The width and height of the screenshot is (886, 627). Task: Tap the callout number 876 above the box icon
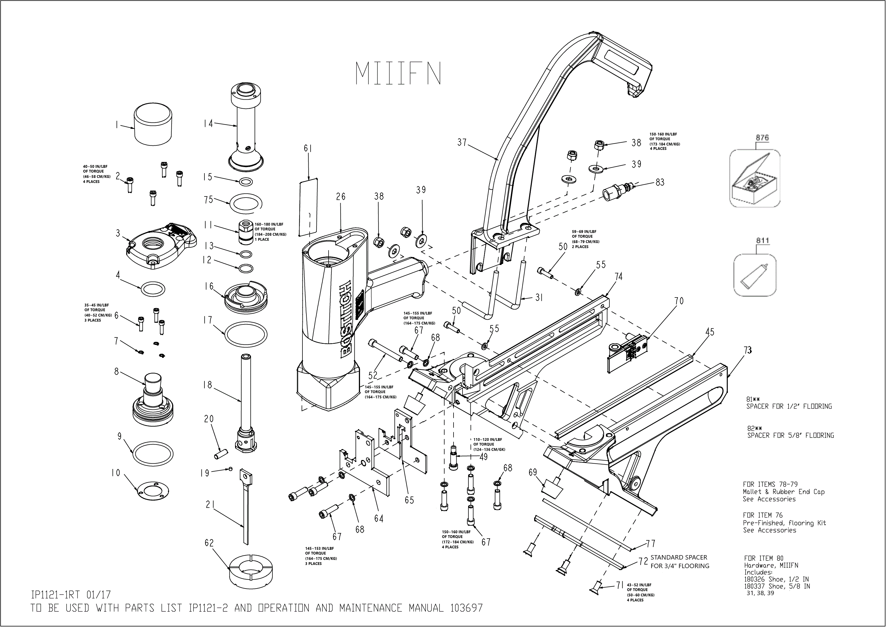[762, 138]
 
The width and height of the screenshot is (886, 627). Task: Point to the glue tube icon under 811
[754, 276]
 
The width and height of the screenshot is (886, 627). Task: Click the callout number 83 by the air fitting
[660, 182]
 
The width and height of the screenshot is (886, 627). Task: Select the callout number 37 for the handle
[462, 143]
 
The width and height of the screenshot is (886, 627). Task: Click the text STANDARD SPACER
[678, 557]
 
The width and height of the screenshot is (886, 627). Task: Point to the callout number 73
[748, 350]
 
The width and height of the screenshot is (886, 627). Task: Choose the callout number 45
[709, 332]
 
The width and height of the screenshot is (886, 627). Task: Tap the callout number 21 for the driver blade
[210, 505]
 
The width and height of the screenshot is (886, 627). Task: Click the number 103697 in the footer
[466, 608]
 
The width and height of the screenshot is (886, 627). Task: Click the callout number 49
[483, 457]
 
